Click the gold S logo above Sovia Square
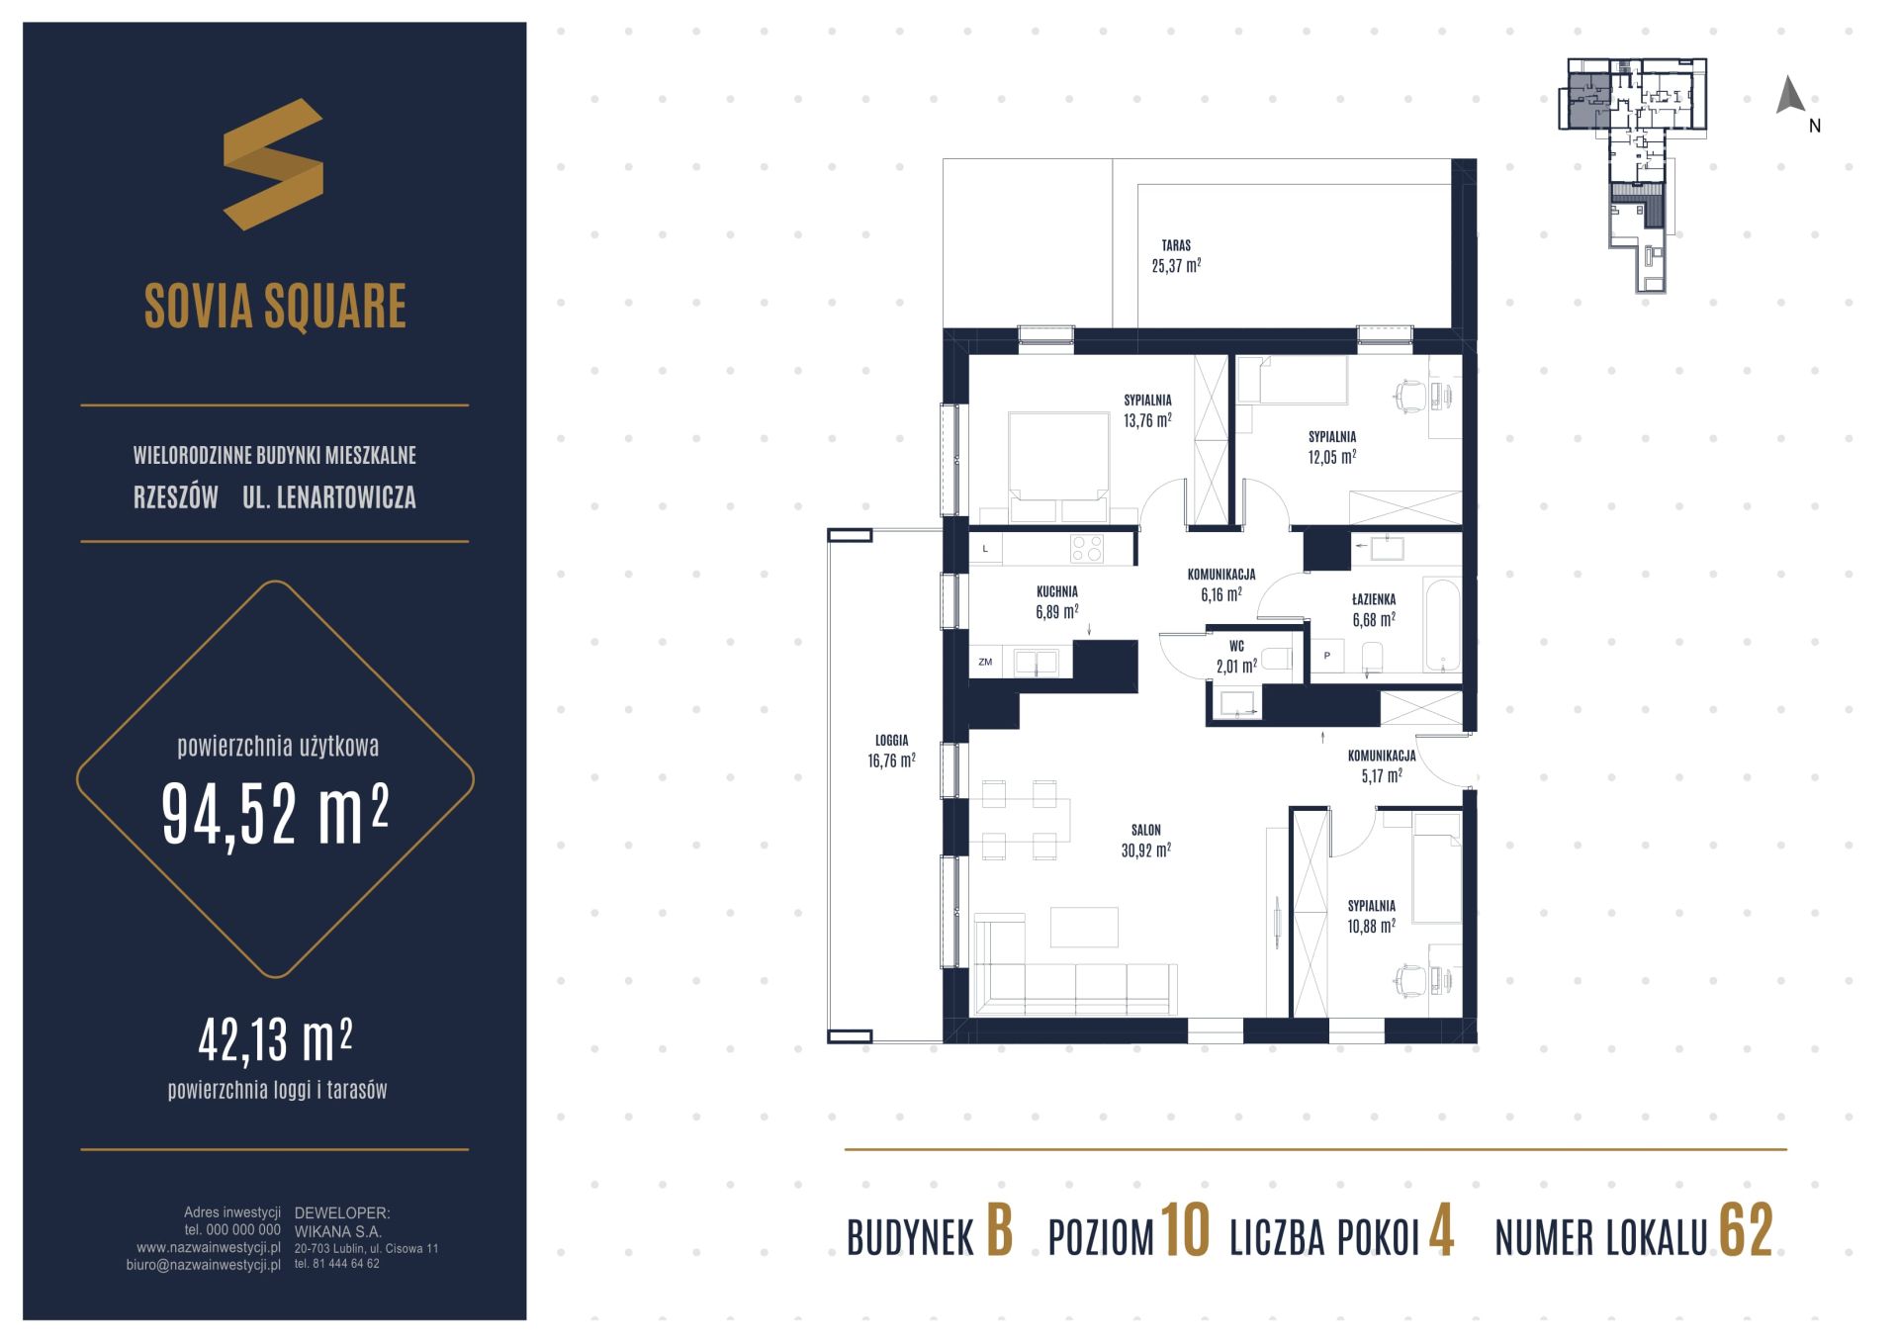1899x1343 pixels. click(273, 164)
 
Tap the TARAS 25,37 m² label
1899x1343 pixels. click(1176, 255)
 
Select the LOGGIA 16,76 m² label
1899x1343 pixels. click(891, 751)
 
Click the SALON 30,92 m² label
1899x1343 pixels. click(1146, 840)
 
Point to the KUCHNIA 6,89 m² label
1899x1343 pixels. click(1057, 601)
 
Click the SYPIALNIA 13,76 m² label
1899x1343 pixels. click(1147, 409)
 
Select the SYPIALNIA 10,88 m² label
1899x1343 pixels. click(1371, 916)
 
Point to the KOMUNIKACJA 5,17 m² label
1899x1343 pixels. click(1382, 765)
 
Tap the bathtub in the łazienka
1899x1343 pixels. click(1442, 625)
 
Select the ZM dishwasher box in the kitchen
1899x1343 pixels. click(985, 662)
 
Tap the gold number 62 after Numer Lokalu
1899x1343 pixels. click(1746, 1231)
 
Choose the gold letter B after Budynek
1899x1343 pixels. click(999, 1231)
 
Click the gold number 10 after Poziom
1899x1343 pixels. click(1184, 1231)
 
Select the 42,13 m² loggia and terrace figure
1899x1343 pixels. click(275, 1039)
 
